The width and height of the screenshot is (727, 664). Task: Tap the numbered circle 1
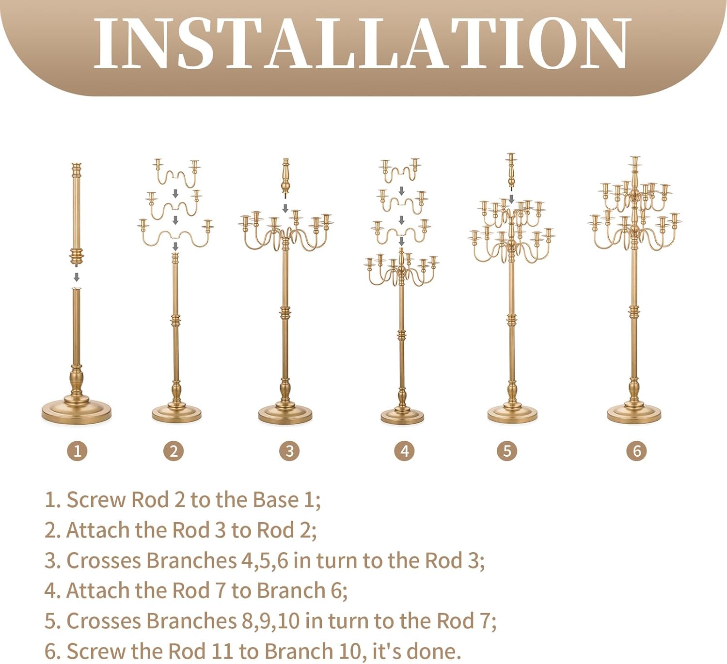77,451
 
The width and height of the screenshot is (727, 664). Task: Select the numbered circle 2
174,451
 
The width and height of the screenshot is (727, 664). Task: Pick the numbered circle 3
289,451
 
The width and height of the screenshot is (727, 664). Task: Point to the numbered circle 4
404,451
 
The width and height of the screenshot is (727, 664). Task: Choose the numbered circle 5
507,451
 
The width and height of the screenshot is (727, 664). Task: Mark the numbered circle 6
636,451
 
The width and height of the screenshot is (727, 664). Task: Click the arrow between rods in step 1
77,277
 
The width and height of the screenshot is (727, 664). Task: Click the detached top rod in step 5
511,170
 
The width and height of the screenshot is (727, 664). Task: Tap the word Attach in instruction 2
98,530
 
